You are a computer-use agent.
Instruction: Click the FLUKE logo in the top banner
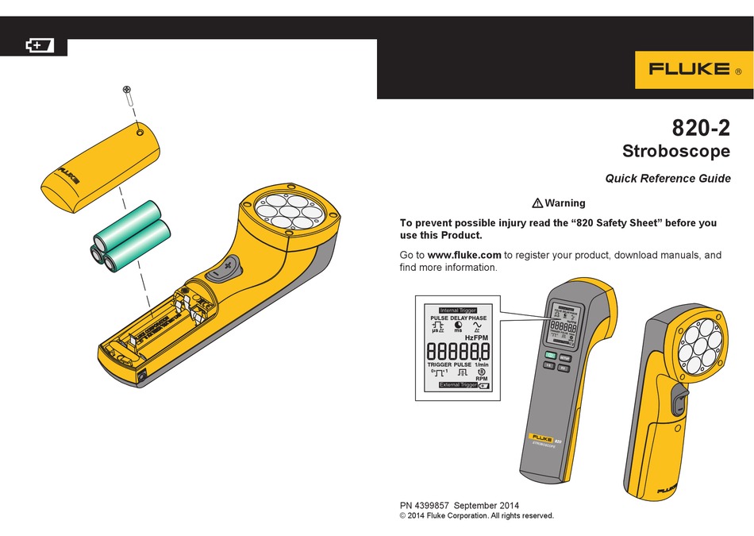pyautogui.click(x=690, y=69)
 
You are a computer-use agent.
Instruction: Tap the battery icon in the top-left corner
pyautogui.click(x=39, y=46)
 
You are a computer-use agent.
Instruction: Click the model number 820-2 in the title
pyautogui.click(x=702, y=127)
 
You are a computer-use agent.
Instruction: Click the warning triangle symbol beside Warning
pyautogui.click(x=537, y=203)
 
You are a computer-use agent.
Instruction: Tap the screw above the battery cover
pyautogui.click(x=127, y=93)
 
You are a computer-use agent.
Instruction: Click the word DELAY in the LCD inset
pyautogui.click(x=458, y=318)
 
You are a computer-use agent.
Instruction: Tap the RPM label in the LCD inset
pyautogui.click(x=481, y=379)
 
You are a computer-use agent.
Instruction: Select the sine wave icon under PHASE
pyautogui.click(x=478, y=326)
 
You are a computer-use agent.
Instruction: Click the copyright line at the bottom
pyautogui.click(x=476, y=516)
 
